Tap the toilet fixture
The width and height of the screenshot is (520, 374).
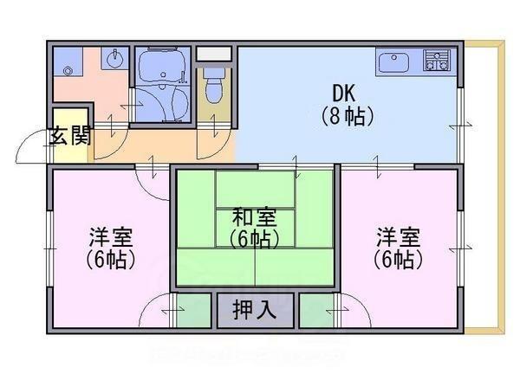click(213, 87)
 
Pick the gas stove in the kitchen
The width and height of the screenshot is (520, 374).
click(436, 61)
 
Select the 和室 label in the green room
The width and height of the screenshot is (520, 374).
click(255, 216)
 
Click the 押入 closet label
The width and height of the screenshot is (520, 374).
click(255, 308)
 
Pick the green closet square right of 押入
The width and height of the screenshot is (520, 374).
click(317, 309)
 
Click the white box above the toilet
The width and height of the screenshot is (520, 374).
click(213, 54)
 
